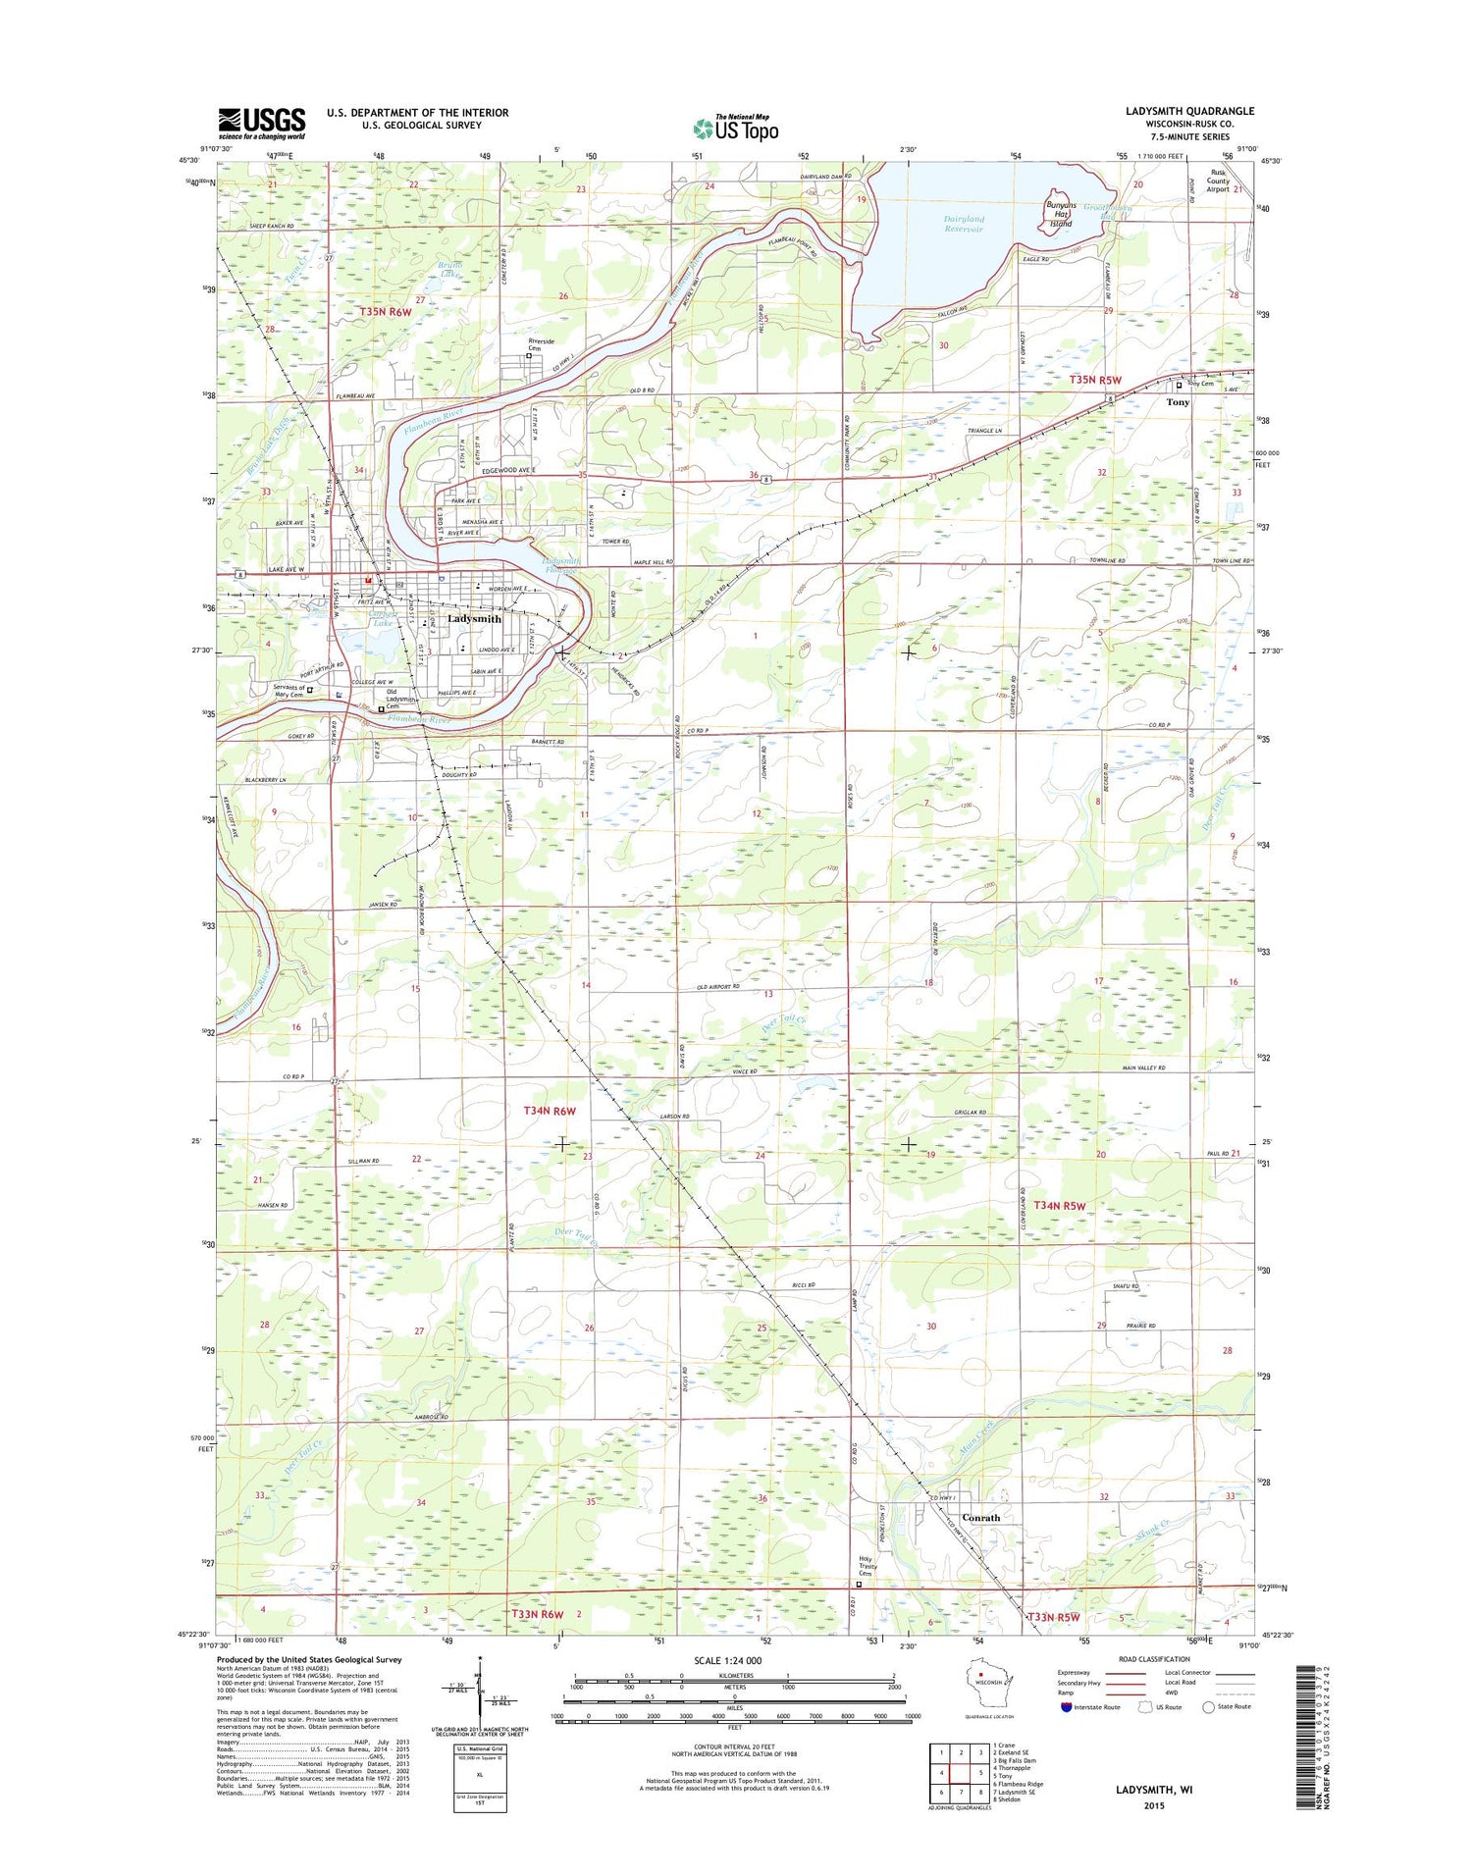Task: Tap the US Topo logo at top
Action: tap(736, 129)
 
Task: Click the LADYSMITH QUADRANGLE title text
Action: tap(1189, 111)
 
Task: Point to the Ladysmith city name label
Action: tap(474, 619)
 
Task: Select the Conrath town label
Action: tap(980, 1518)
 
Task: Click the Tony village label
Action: tap(1178, 402)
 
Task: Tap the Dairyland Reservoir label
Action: tap(963, 224)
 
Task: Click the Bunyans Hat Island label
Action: tap(1060, 214)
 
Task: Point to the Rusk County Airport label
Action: tap(1218, 181)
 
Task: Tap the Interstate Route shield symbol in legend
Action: tap(1067, 1707)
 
